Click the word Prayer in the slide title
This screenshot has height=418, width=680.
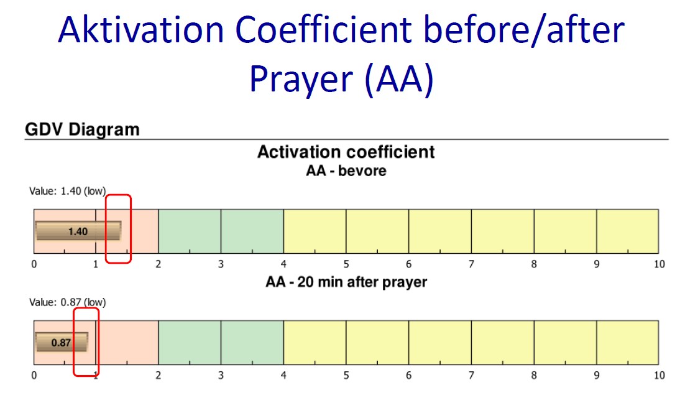[301, 80]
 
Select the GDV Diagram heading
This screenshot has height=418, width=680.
[83, 129]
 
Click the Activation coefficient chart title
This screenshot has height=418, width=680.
[346, 152]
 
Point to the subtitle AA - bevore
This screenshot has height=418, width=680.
[346, 170]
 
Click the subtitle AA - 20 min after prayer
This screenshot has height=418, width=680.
[346, 282]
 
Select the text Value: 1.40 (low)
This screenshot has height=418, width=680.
[67, 191]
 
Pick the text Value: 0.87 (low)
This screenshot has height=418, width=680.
[67, 302]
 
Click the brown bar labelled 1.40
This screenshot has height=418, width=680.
[78, 231]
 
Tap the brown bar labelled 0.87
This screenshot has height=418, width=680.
[62, 342]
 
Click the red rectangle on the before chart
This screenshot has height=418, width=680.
[106, 229]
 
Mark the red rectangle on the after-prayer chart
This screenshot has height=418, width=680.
[74, 341]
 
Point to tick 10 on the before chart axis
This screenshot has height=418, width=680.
[659, 264]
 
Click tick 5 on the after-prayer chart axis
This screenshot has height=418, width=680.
[346, 375]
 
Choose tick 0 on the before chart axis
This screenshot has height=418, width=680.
[34, 264]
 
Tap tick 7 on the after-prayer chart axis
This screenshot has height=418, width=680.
[471, 375]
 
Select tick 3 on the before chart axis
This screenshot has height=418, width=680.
[221, 264]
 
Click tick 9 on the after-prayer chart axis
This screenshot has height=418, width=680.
[597, 375]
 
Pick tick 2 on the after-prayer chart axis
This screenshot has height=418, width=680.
[159, 375]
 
